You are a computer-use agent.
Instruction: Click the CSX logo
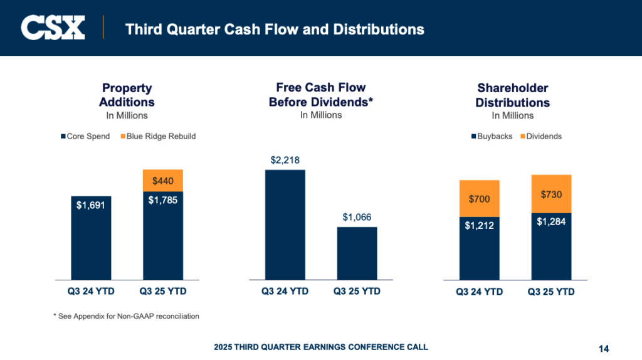click(53, 28)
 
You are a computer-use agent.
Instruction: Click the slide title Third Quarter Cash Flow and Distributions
click(275, 29)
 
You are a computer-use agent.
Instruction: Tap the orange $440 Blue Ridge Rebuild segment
click(163, 181)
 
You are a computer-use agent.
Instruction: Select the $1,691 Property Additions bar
click(91, 238)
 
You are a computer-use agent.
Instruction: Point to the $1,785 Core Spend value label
click(163, 201)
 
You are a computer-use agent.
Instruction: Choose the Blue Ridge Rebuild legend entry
click(157, 136)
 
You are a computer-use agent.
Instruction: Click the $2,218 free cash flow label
click(285, 160)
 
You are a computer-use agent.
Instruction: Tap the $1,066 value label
click(357, 217)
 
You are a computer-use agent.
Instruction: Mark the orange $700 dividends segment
click(479, 199)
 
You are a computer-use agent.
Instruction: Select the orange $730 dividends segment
click(551, 194)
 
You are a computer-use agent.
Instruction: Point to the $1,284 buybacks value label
click(551, 221)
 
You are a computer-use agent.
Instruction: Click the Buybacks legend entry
click(492, 136)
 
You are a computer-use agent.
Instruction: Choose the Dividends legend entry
click(541, 136)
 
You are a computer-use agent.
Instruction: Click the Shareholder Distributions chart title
click(512, 95)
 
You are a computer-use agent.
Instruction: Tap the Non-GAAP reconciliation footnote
click(126, 316)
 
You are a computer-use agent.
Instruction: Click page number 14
click(604, 349)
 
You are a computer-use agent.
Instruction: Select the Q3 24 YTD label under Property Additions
click(91, 292)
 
